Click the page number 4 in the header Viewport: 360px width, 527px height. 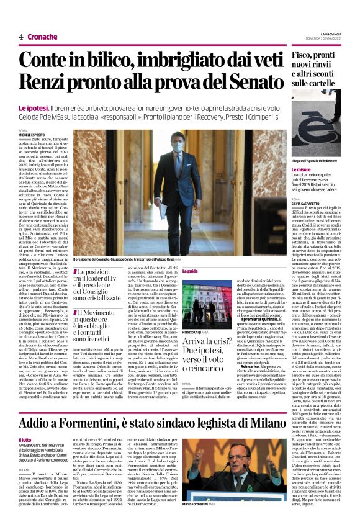point(21,37)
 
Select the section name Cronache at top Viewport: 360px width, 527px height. point(42,37)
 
